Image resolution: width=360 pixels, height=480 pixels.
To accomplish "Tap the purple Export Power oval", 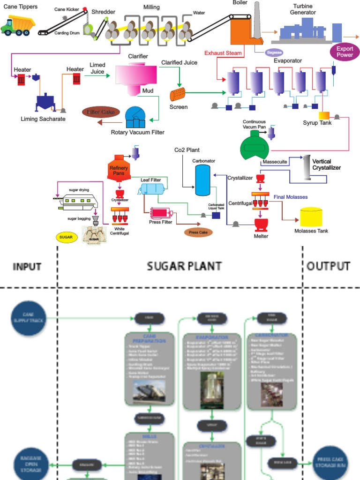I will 345,52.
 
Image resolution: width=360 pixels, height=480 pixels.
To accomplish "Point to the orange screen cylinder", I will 178,94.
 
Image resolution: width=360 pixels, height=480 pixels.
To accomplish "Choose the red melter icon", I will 261,224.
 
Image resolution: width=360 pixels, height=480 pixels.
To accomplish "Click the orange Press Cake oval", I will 198,232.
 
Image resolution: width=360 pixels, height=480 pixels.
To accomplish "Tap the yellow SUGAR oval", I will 66,237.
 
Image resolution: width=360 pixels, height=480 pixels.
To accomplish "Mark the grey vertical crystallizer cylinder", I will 307,167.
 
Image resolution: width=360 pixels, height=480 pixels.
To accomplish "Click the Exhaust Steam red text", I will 223,53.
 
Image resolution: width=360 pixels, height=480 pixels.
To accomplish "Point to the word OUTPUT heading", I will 329,266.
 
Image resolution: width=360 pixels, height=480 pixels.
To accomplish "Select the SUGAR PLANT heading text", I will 184,266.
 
